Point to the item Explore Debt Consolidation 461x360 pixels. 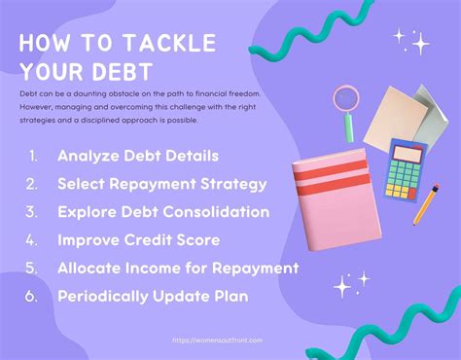pyautogui.click(x=162, y=210)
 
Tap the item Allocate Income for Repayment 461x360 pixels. pyautogui.click(x=177, y=267)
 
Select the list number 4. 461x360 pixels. pyautogui.click(x=32, y=238)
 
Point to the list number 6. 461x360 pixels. pyautogui.click(x=32, y=295)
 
